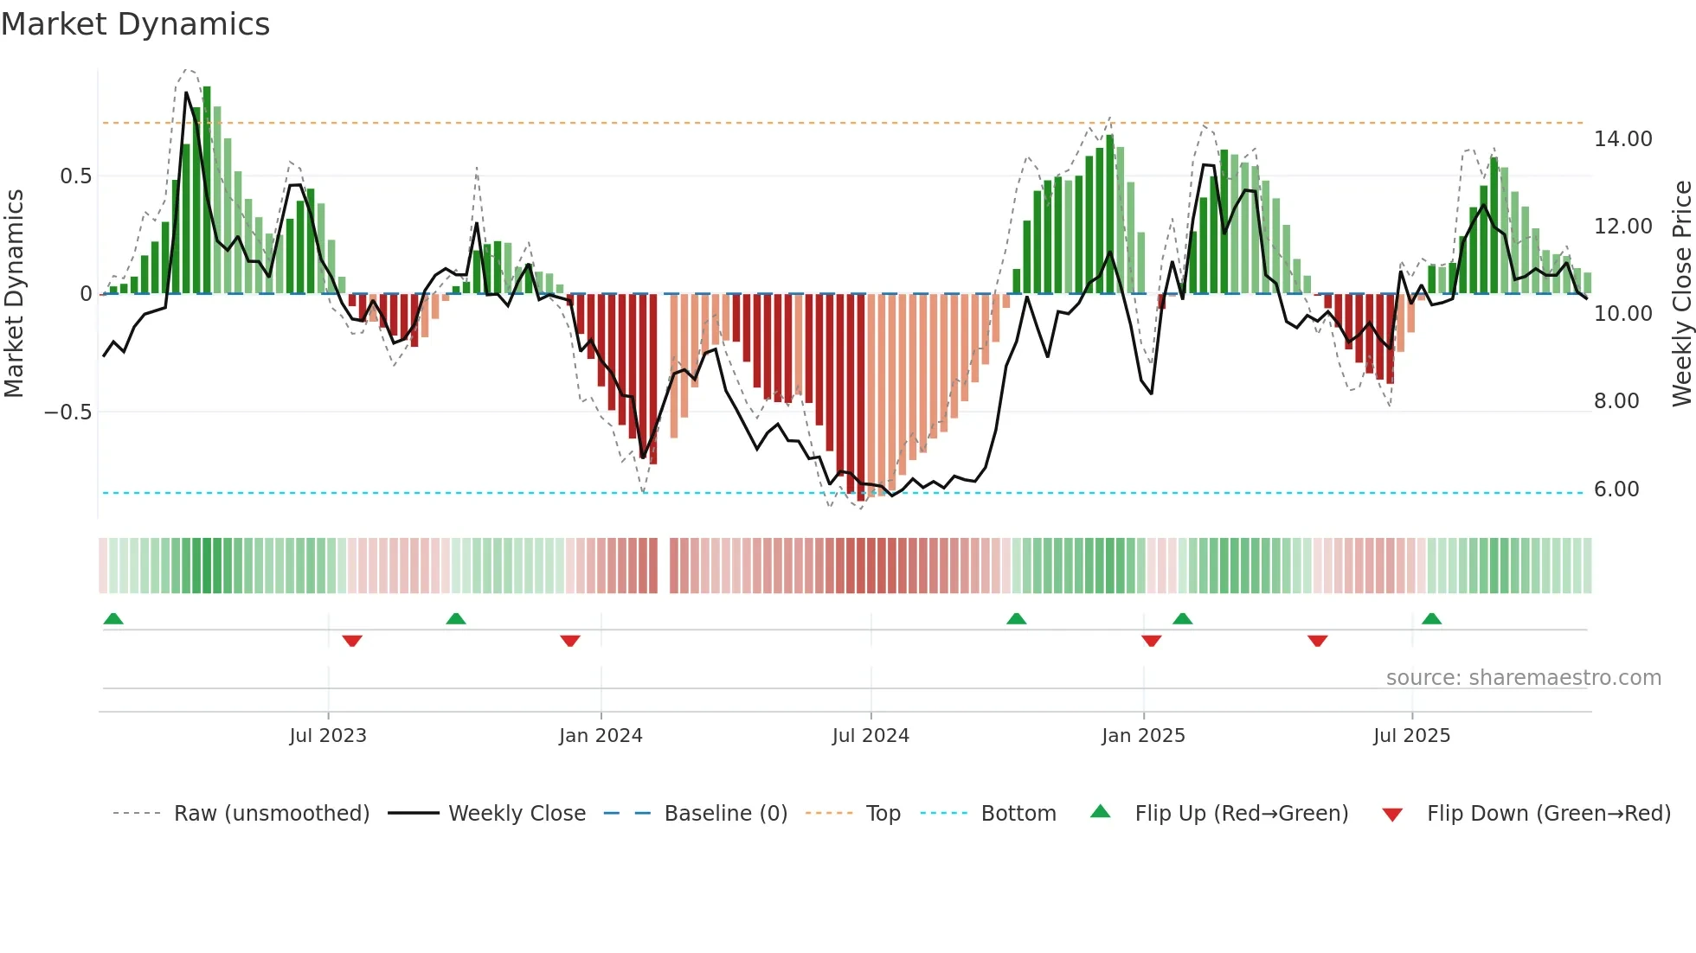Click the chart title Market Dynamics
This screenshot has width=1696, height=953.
point(135,24)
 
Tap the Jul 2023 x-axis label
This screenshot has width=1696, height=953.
point(328,736)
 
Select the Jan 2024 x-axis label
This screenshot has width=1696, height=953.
point(601,736)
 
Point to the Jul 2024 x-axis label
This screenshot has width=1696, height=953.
point(870,736)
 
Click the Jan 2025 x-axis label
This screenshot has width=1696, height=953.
point(1143,736)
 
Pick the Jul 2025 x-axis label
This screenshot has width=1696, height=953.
point(1411,736)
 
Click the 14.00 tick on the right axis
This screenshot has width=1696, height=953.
point(1622,139)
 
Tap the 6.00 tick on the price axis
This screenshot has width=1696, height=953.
point(1616,489)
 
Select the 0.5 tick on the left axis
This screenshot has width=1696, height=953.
point(75,176)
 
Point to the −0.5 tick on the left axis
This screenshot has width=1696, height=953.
point(68,413)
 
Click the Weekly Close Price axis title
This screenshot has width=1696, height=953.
point(1681,293)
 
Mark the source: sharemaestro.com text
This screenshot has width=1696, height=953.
point(1523,678)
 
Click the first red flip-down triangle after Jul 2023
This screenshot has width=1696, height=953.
point(352,641)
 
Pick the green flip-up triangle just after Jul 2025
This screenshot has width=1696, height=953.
point(1431,618)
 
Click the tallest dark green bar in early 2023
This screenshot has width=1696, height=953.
point(207,190)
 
